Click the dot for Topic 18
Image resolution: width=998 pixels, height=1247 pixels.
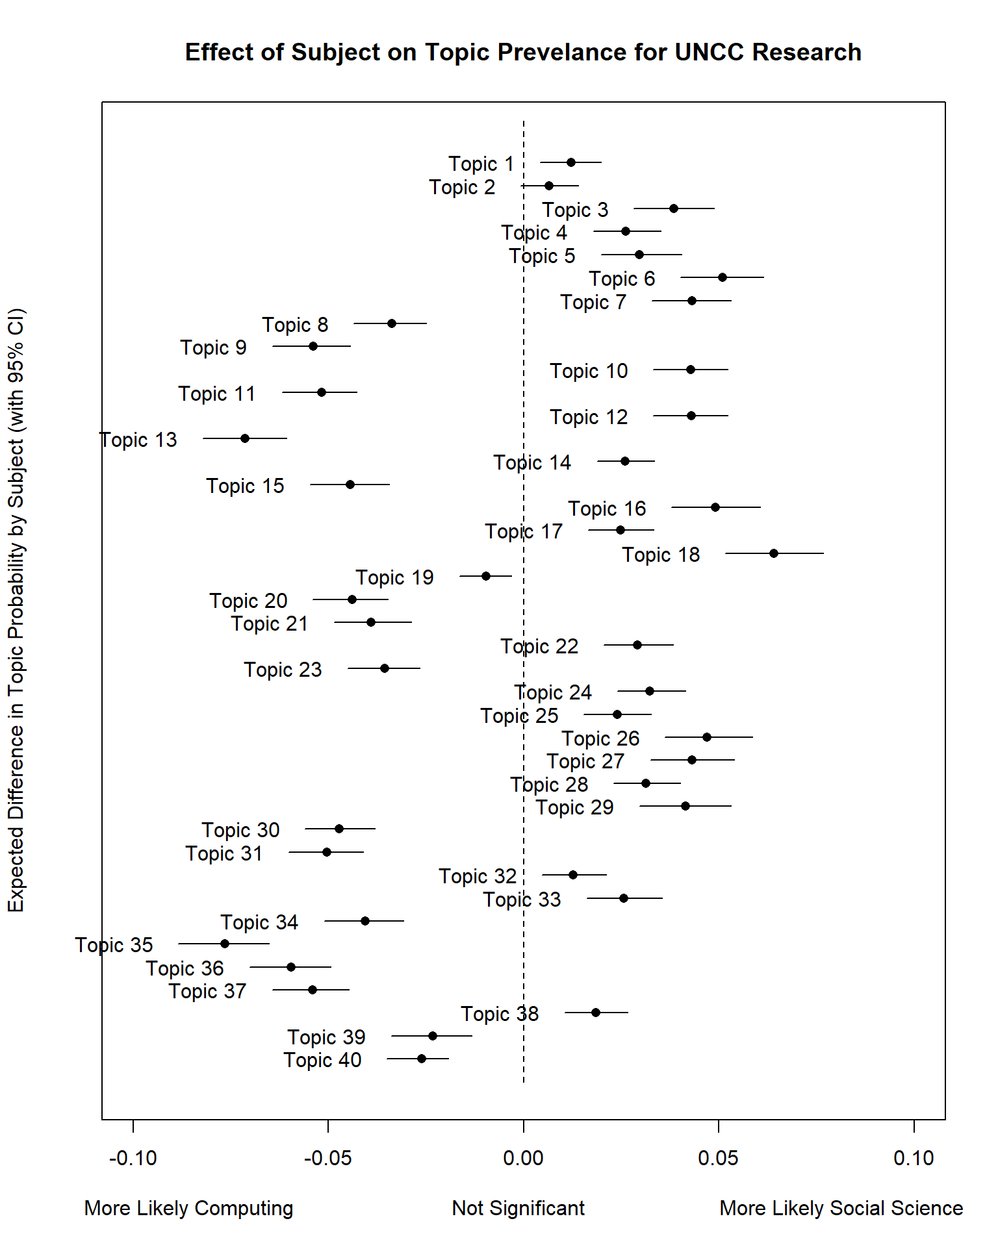click(x=773, y=553)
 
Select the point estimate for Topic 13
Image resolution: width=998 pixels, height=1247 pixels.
click(x=245, y=438)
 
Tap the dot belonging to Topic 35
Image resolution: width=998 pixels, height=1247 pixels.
click(x=225, y=944)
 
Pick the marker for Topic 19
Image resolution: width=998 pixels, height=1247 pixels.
click(x=486, y=576)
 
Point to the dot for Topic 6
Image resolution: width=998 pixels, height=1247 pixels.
click(x=722, y=277)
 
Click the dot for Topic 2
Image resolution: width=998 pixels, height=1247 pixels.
click(x=549, y=186)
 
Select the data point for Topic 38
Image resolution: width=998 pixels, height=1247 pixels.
click(x=596, y=1013)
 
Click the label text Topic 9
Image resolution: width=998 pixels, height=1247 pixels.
click(x=213, y=347)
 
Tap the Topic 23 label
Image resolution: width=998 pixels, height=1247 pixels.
click(x=283, y=670)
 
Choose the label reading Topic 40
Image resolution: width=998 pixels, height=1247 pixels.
click(x=322, y=1060)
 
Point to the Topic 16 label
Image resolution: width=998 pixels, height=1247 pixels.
click(x=607, y=509)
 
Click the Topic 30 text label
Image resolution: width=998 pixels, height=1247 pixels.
click(x=240, y=830)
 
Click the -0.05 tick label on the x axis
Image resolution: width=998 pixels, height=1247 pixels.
click(x=328, y=1158)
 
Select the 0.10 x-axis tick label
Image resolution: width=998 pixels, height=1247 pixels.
click(x=913, y=1158)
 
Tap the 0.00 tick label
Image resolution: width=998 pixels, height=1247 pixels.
click(x=523, y=1158)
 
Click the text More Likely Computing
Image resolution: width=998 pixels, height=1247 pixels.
click(x=188, y=1208)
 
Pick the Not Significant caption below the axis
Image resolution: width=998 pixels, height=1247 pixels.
click(x=518, y=1208)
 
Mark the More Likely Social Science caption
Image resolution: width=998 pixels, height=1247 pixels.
click(x=841, y=1208)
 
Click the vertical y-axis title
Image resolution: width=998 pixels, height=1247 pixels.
click(x=16, y=611)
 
